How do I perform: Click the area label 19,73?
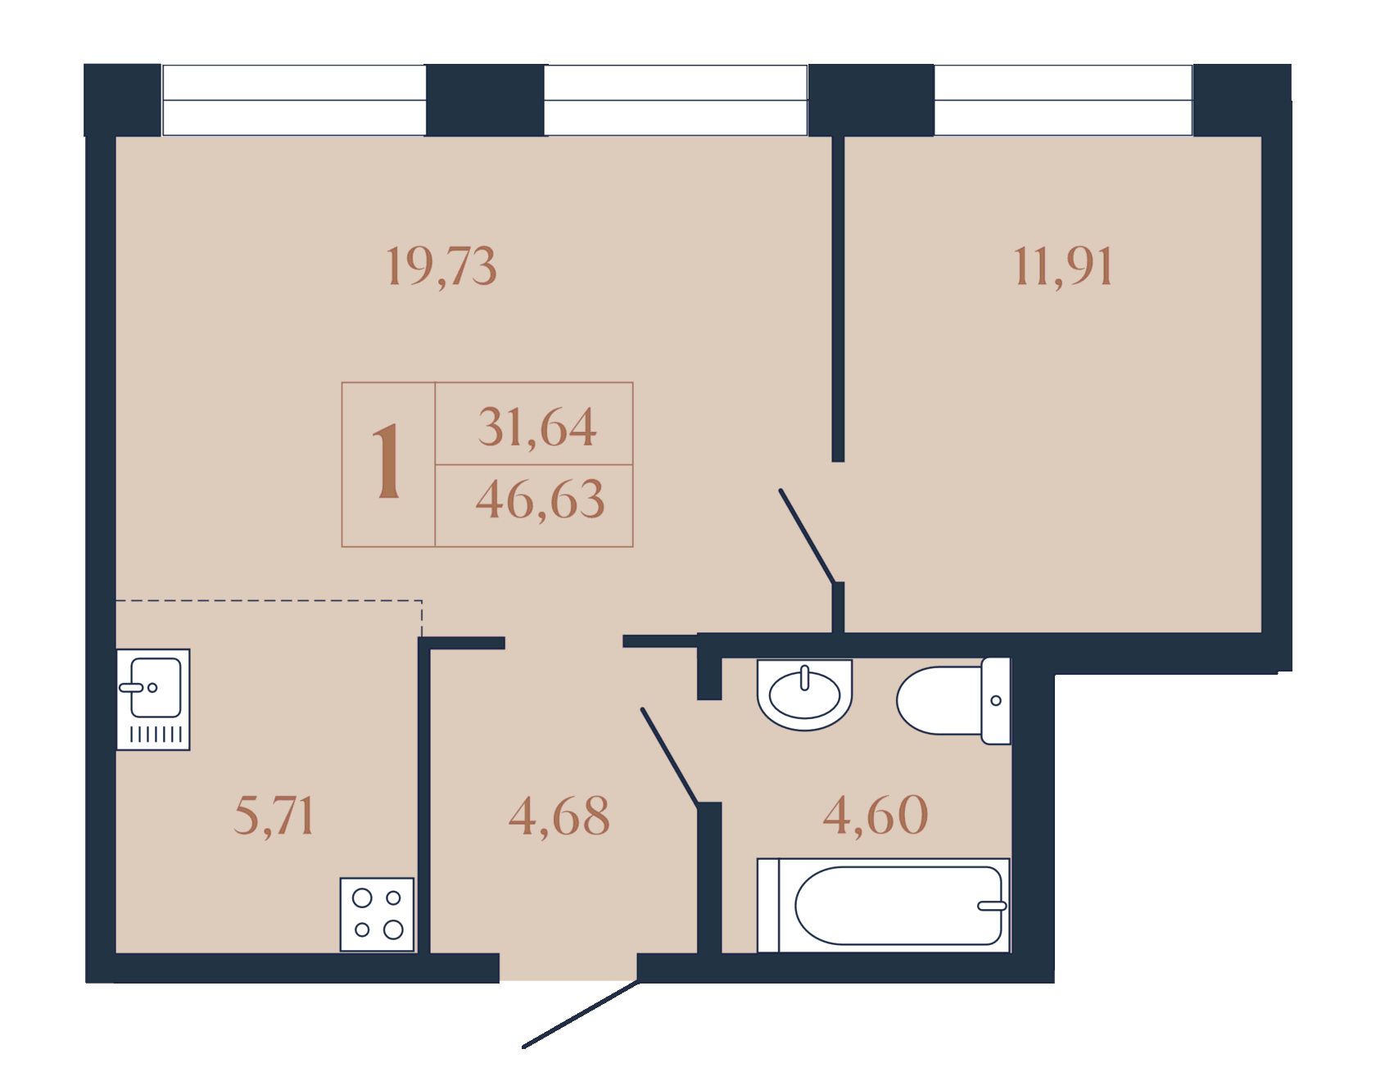441,267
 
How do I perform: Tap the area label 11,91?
1064,267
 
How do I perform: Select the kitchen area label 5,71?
274,816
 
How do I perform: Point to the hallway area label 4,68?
559,816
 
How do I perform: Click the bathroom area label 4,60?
876,815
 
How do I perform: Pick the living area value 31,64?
537,427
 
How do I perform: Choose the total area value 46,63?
541,500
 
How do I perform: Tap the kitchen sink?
153,700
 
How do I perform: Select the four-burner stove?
378,915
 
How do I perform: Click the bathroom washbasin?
805,694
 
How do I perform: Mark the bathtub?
884,906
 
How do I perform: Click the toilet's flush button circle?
996,700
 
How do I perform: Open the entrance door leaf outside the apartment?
581,1014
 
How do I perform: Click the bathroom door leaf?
670,758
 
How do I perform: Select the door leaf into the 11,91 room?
808,536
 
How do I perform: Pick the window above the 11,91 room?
1063,100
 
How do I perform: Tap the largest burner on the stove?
394,929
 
